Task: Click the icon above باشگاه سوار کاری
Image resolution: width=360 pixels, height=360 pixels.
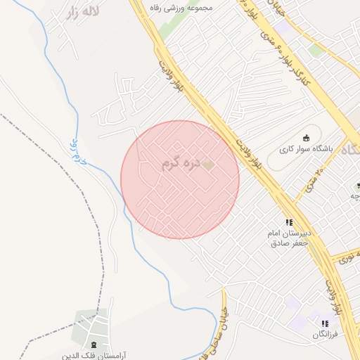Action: [x=305, y=137]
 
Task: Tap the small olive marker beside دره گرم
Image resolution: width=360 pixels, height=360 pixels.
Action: [x=209, y=165]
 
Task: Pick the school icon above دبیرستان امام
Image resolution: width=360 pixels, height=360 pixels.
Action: [x=289, y=222]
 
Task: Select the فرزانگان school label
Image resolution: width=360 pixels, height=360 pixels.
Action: [x=326, y=335]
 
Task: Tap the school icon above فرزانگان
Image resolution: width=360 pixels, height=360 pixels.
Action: [x=325, y=323]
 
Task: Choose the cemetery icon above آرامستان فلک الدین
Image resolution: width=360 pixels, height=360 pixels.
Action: [x=94, y=344]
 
